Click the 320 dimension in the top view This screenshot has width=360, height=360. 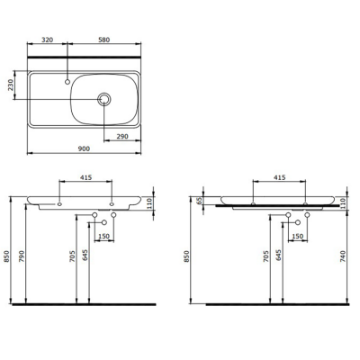coord(48,40)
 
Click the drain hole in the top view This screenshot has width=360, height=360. coord(105,98)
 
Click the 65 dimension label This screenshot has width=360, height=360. coord(200,201)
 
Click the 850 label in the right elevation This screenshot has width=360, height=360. coord(186,255)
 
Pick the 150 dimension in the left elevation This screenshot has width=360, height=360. coord(103,236)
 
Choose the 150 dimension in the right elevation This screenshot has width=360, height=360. coord(298,236)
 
